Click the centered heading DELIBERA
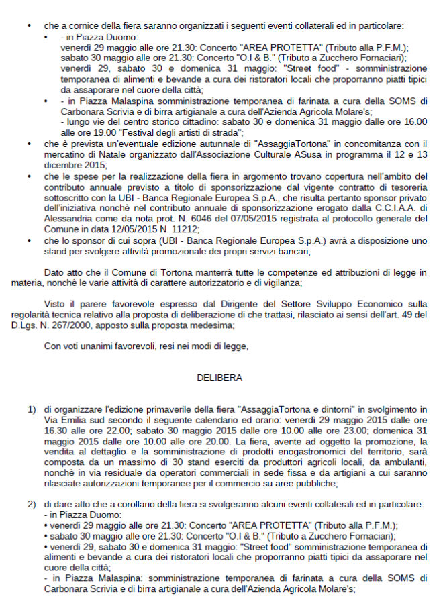tap(219, 378)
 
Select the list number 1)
tap(31, 409)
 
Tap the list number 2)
tap(31, 503)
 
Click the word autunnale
tap(214, 144)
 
